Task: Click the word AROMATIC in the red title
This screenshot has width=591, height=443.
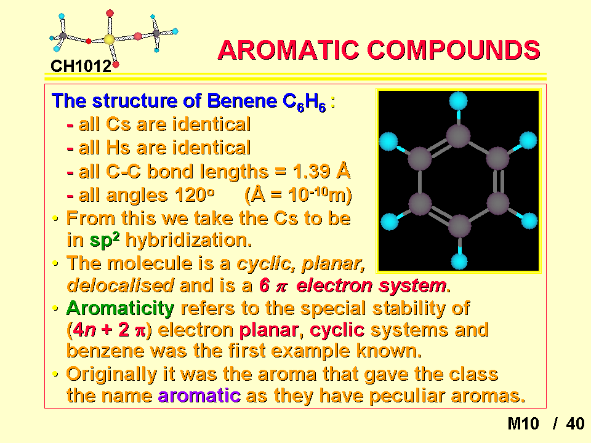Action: [x=288, y=50]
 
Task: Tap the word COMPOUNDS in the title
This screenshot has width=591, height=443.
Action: [x=454, y=50]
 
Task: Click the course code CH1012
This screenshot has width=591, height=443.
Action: [x=81, y=66]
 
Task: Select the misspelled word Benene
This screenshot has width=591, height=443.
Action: [x=242, y=100]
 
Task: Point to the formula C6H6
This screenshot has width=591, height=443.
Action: [x=304, y=102]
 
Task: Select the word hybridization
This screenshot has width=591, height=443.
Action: [x=188, y=240]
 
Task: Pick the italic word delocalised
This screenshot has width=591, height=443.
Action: [x=120, y=285]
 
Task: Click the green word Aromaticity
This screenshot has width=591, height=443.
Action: [x=120, y=308]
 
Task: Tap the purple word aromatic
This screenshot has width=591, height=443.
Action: [x=199, y=396]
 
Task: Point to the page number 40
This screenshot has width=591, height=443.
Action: [x=575, y=423]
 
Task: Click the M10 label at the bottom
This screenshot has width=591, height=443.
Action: [x=523, y=423]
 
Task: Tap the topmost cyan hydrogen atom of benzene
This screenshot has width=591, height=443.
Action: [x=458, y=101]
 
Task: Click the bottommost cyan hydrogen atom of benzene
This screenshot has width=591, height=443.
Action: [x=459, y=261]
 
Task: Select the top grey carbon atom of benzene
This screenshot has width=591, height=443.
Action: [x=458, y=135]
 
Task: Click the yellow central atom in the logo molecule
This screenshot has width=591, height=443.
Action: [x=110, y=39]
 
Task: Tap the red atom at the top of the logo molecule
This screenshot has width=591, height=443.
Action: [x=110, y=14]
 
